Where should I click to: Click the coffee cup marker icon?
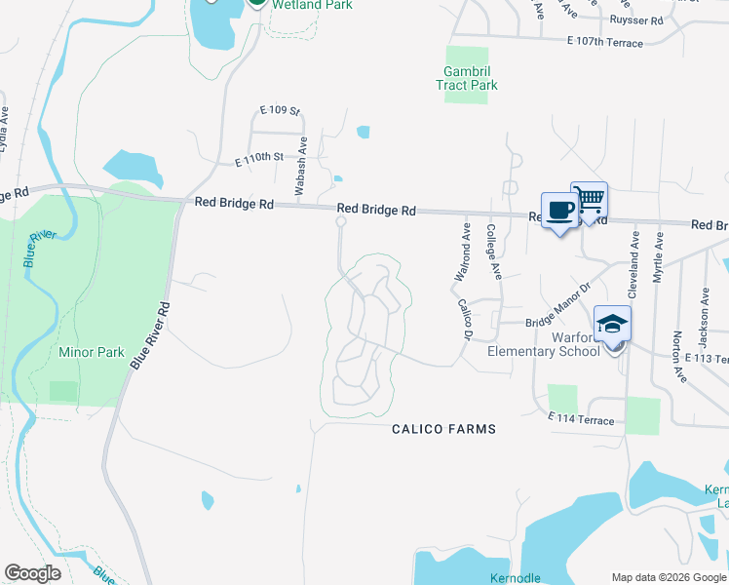(x=560, y=211)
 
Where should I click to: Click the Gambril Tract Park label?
(x=467, y=78)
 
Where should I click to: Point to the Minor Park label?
(x=92, y=352)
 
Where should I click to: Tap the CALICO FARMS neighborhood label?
(x=443, y=429)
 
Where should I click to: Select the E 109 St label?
(x=280, y=111)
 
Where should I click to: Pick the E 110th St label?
(x=259, y=157)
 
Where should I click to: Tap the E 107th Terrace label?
(x=604, y=43)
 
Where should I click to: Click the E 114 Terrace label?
(x=581, y=420)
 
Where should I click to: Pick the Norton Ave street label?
(x=676, y=353)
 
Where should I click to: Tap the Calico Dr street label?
(x=465, y=319)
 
